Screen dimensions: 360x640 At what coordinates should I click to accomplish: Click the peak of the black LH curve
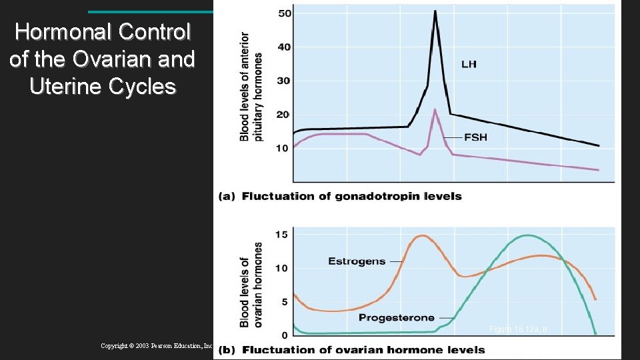coord(435,11)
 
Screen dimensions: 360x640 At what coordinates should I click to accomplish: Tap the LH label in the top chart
coord(469,65)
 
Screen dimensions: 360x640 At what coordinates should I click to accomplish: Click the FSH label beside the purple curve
coord(475,137)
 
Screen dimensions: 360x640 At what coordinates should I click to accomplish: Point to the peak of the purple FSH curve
coord(435,110)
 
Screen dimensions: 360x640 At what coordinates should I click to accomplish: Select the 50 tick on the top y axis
coord(284,13)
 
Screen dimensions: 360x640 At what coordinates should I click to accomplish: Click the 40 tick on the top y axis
coord(284,47)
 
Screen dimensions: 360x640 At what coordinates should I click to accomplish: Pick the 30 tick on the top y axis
coord(284,81)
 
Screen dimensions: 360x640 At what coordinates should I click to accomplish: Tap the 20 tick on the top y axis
coord(284,115)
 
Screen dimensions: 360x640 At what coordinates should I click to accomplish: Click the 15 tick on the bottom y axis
coord(281,234)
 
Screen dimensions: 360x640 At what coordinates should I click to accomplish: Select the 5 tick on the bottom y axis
coord(284,301)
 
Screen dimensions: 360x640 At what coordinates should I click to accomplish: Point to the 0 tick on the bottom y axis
coord(284,335)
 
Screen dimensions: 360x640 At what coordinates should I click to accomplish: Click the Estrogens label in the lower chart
coord(357,261)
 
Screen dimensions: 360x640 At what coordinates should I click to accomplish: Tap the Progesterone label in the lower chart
coord(397,318)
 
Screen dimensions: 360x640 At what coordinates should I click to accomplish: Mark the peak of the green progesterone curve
coord(527,235)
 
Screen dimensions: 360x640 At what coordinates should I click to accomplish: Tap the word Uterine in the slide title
coord(66,87)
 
